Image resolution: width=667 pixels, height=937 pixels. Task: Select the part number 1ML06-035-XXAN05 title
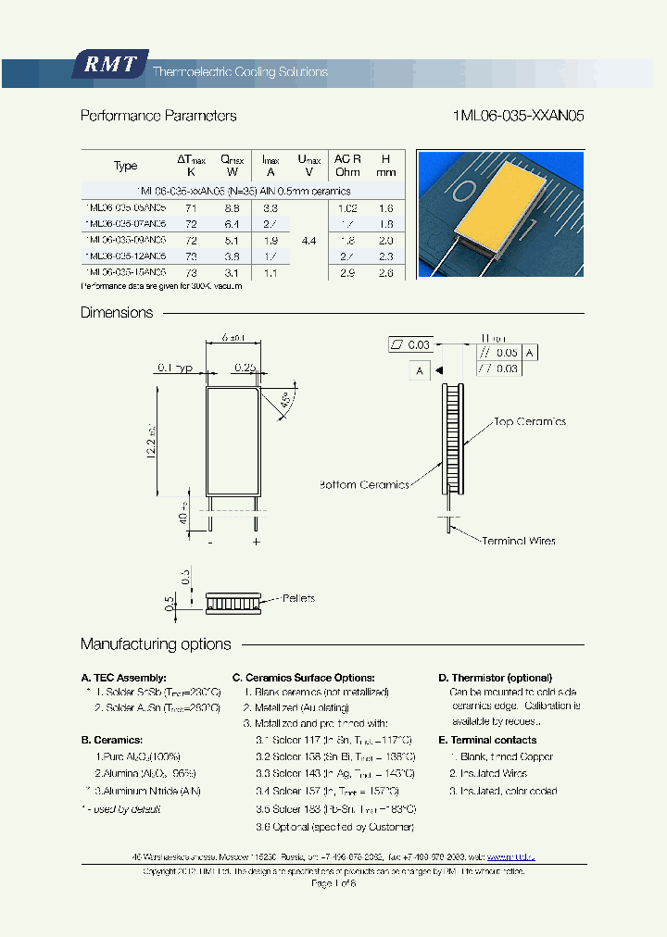click(x=519, y=117)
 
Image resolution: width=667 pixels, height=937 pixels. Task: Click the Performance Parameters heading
click(x=158, y=117)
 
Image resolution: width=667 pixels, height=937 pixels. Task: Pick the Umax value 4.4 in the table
click(x=309, y=240)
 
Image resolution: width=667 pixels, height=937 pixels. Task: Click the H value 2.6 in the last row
click(x=385, y=272)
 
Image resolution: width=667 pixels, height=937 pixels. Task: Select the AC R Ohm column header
click(x=347, y=165)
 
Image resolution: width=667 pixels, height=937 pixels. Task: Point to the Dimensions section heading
click(x=117, y=313)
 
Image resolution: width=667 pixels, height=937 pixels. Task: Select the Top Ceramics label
click(x=529, y=422)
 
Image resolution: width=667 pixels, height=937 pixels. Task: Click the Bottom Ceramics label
click(x=364, y=485)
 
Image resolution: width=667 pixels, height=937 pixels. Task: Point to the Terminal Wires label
click(x=518, y=541)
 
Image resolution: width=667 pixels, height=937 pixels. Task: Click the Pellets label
click(x=298, y=598)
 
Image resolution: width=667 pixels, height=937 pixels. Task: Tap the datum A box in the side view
click(x=419, y=370)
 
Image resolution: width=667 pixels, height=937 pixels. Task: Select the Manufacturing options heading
click(x=156, y=644)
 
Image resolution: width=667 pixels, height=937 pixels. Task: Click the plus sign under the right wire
click(x=257, y=542)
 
